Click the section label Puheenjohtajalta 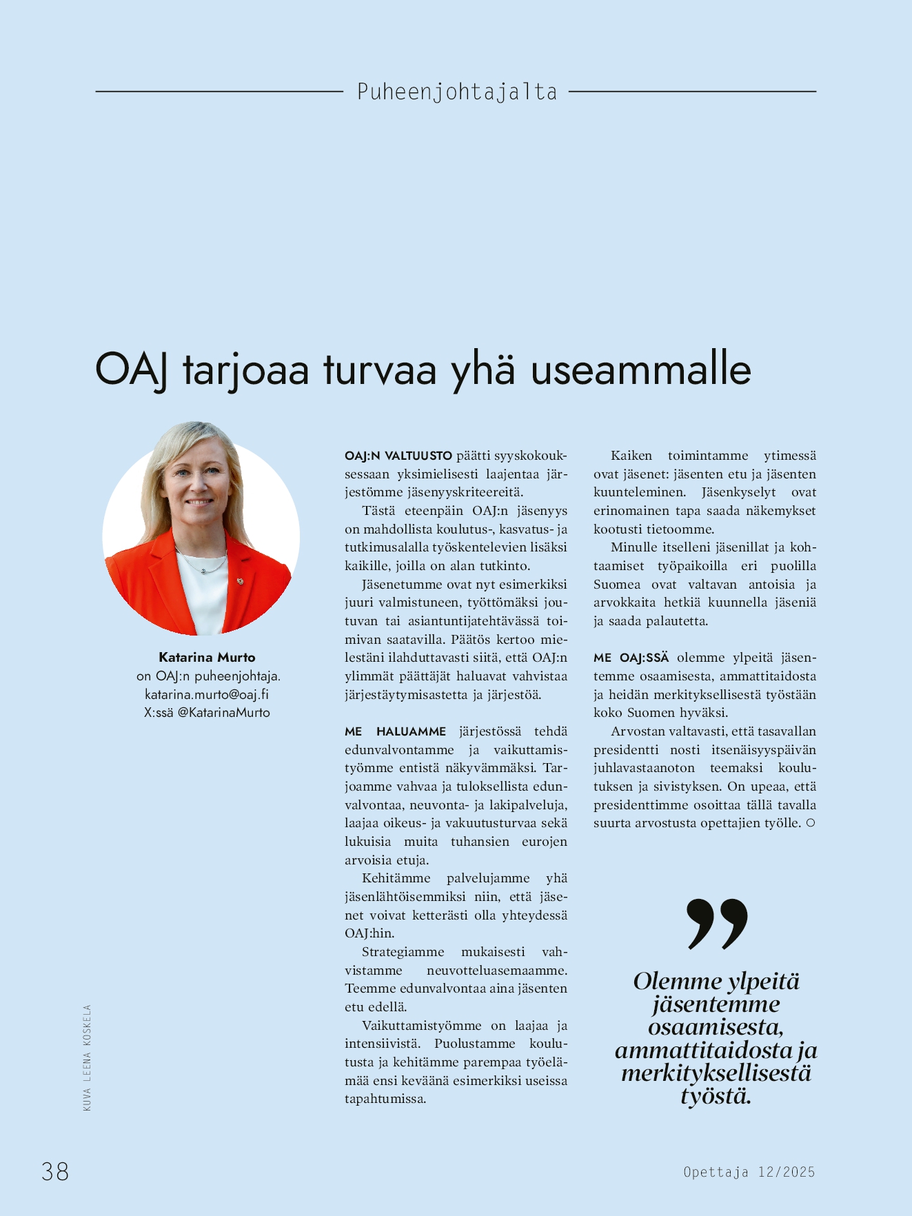(x=456, y=92)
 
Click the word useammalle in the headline (x=640, y=369)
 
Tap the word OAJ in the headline (x=131, y=369)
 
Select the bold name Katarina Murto (x=207, y=657)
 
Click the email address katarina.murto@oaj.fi (x=207, y=694)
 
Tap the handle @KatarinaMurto (x=224, y=713)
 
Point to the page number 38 (x=55, y=1171)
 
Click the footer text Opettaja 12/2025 (x=749, y=1172)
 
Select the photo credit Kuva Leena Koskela (x=87, y=1057)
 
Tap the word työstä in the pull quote (x=716, y=1096)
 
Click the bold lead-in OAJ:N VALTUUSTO (x=398, y=456)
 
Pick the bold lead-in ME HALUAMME (x=396, y=731)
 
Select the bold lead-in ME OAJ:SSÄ (x=631, y=658)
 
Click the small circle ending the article (x=811, y=823)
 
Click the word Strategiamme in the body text (x=403, y=952)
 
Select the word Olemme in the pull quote (x=678, y=981)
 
